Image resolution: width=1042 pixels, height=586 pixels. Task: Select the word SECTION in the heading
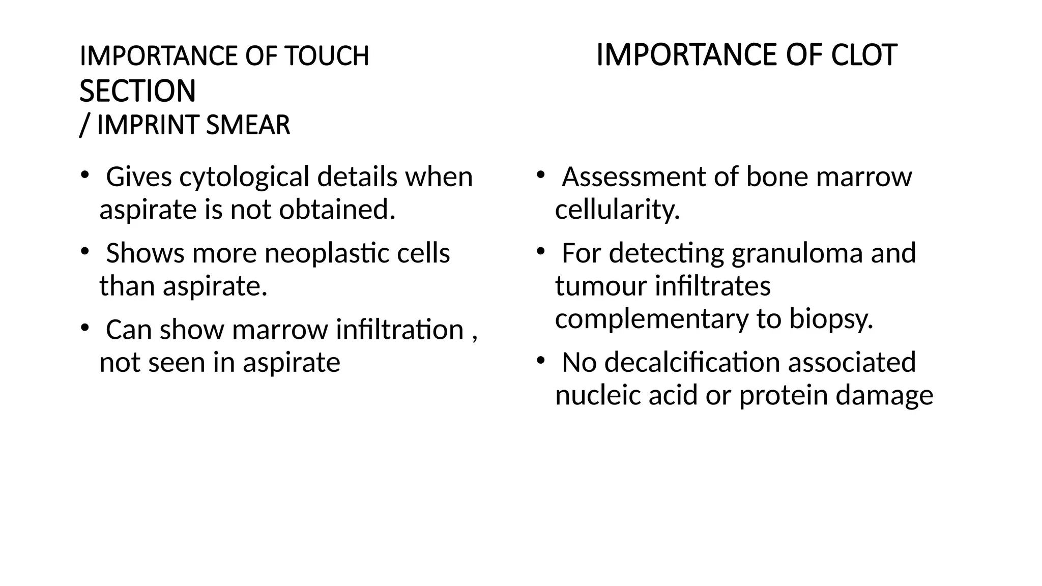pyautogui.click(x=137, y=91)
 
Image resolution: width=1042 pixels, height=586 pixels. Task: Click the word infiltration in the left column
pyautogui.click(x=399, y=330)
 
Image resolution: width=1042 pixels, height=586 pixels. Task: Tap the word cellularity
pyautogui.click(x=617, y=210)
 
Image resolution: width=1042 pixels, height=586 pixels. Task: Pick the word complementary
pyautogui.click(x=651, y=319)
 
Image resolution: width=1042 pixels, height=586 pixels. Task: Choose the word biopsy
pyautogui.click(x=831, y=319)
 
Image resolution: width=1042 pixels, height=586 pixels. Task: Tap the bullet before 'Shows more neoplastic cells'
pyautogui.click(x=84, y=251)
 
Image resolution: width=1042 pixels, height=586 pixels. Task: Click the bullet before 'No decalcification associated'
pyautogui.click(x=540, y=361)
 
